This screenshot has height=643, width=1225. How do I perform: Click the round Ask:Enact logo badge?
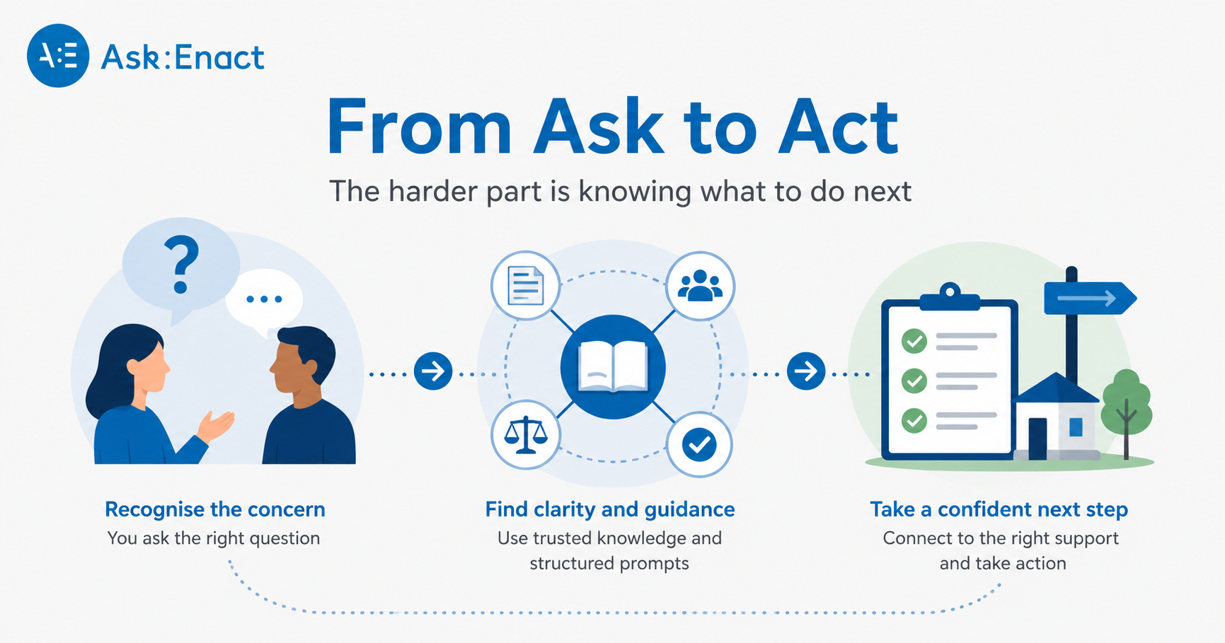tap(58, 56)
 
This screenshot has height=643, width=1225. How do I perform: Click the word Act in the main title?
tap(838, 127)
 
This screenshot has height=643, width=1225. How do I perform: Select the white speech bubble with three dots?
tap(264, 300)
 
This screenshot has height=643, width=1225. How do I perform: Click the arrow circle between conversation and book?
tap(433, 370)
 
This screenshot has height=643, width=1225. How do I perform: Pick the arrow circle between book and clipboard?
tap(805, 370)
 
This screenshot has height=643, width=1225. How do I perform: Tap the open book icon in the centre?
tap(613, 366)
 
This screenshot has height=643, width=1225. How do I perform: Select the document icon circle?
tap(525, 286)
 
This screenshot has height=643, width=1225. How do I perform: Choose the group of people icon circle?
tap(700, 286)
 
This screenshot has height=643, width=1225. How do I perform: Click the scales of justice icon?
tap(525, 434)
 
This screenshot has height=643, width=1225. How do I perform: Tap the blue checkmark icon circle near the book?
tap(699, 444)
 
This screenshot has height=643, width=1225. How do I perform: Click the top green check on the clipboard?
tap(914, 341)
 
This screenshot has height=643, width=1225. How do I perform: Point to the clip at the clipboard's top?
tap(950, 296)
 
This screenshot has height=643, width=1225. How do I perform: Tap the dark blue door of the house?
tap(1037, 438)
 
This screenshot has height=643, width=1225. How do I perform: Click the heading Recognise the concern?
tap(215, 509)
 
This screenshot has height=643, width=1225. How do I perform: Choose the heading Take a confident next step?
tap(999, 509)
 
